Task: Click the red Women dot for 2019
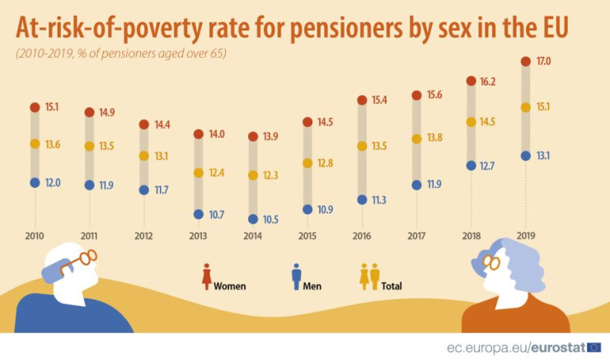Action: pyautogui.click(x=525, y=61)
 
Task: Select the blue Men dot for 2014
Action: pyautogui.click(x=253, y=219)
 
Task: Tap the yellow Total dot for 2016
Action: pyautogui.click(x=362, y=146)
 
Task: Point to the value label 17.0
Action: pyautogui.click(x=543, y=61)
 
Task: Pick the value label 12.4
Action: pyautogui.click(x=218, y=173)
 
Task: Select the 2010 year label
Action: pyautogui.click(x=35, y=237)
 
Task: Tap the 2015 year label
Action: pyautogui.click(x=307, y=237)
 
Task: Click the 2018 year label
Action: pyautogui.click(x=471, y=237)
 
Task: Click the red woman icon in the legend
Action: pyautogui.click(x=205, y=277)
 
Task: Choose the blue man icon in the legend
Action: pyautogui.click(x=295, y=277)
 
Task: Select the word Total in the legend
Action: pyautogui.click(x=392, y=287)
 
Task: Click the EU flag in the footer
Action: pyautogui.click(x=594, y=347)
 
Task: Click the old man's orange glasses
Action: pyautogui.click(x=79, y=260)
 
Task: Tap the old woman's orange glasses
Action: pyautogui.click(x=491, y=263)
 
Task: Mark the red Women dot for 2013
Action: pyautogui.click(x=198, y=133)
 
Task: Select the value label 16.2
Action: pyautogui.click(x=489, y=81)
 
